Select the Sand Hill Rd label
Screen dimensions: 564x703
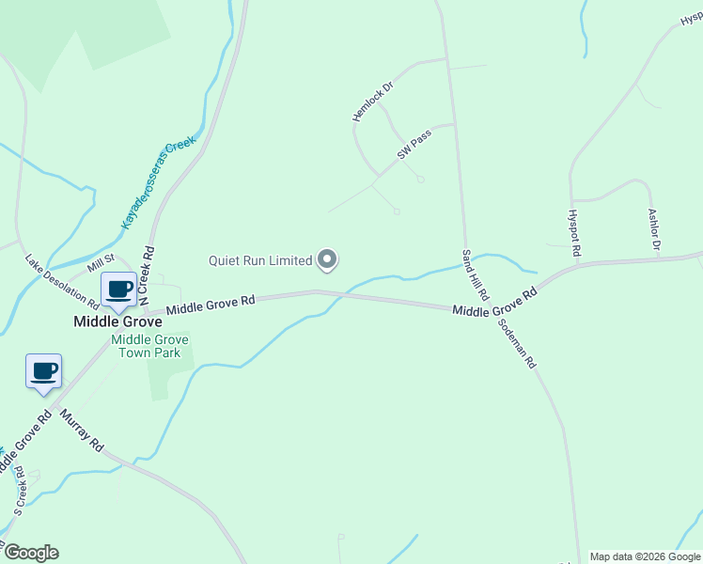(476, 274)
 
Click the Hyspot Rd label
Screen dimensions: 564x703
(576, 232)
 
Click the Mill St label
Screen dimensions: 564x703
(101, 263)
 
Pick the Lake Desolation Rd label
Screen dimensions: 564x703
(62, 281)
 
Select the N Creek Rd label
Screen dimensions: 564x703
(147, 274)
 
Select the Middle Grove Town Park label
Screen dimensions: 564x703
(150, 346)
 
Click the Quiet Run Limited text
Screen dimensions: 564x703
(260, 260)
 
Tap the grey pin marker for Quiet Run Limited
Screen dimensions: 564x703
(327, 259)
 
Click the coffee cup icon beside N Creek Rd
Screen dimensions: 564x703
(119, 290)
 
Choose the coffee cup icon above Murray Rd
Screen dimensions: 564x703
(43, 370)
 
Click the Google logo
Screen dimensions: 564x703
(31, 553)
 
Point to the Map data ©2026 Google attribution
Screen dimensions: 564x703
(644, 556)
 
